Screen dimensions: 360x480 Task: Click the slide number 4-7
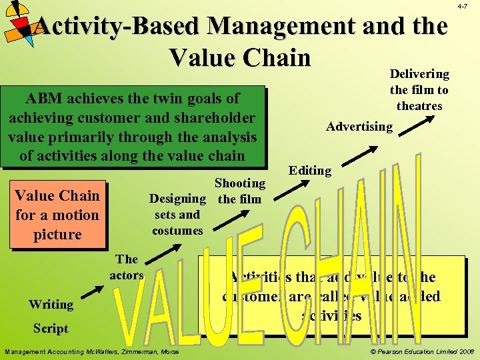pyautogui.click(x=462, y=5)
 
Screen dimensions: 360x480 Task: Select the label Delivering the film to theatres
pyautogui.click(x=419, y=89)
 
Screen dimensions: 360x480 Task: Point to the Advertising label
pyautogui.click(x=359, y=126)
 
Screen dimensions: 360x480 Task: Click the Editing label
pyautogui.click(x=310, y=171)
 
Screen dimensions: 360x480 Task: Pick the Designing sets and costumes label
pyautogui.click(x=177, y=215)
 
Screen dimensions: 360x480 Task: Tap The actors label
pyautogui.click(x=127, y=267)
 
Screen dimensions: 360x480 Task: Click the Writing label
pyautogui.click(x=51, y=305)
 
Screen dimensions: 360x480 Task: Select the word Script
pyautogui.click(x=51, y=328)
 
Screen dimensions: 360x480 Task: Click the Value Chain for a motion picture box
pyautogui.click(x=57, y=215)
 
